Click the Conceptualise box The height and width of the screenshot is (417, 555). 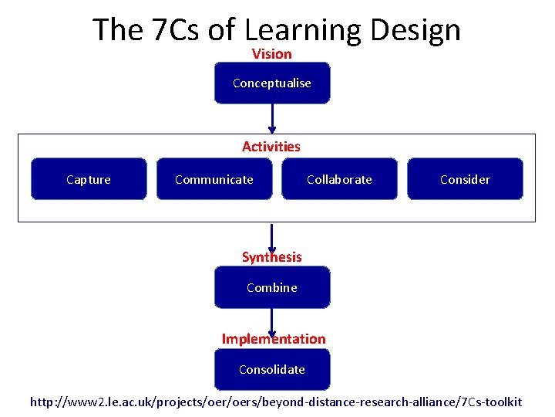[x=272, y=83]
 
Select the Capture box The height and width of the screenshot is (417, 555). [x=89, y=180]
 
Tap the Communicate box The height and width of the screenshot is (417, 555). [x=214, y=180]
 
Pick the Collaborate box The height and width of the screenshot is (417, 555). [x=339, y=180]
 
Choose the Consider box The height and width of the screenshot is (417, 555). [x=465, y=180]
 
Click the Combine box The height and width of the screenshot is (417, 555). [x=272, y=288]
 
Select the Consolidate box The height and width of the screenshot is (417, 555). [x=272, y=370]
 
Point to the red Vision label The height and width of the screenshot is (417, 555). [x=272, y=54]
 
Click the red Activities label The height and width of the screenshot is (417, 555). [x=271, y=147]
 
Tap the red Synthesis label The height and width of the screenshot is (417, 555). [x=272, y=257]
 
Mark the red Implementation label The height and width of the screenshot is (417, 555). [x=274, y=339]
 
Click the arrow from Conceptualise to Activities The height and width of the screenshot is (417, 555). [x=272, y=118]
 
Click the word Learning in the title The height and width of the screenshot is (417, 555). [x=302, y=30]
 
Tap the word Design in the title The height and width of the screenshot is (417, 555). [x=415, y=30]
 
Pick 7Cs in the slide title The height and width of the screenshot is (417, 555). [x=177, y=30]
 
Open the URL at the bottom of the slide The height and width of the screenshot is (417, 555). [x=275, y=402]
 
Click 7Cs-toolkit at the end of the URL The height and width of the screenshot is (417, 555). [x=490, y=402]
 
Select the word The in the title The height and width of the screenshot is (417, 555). [x=117, y=30]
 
